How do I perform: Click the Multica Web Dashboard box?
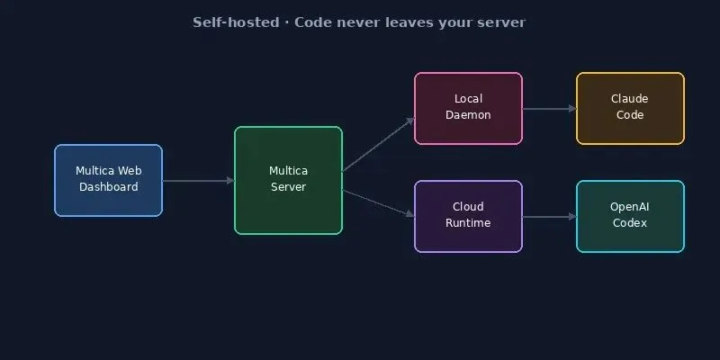[x=108, y=180]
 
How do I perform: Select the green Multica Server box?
[x=288, y=180]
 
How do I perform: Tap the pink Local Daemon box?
[x=468, y=108]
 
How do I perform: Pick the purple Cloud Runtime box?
[x=468, y=216]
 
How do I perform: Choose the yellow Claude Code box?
[x=630, y=108]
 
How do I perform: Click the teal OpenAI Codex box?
[x=630, y=216]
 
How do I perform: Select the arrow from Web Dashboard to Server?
[x=198, y=181]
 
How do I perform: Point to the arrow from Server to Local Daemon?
[x=378, y=144]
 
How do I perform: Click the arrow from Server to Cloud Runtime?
[x=378, y=202]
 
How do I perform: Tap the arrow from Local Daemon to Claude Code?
[x=549, y=109]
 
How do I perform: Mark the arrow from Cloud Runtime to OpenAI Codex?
[x=549, y=217]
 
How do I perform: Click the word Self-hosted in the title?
[x=229, y=22]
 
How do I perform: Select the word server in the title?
[x=502, y=22]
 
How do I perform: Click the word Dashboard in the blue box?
[x=108, y=187]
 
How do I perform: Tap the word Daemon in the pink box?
[x=468, y=115]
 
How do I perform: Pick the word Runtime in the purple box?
[x=468, y=223]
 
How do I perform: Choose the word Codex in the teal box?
[x=630, y=223]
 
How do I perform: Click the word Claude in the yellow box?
[x=630, y=99]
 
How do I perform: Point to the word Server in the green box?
[x=288, y=187]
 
